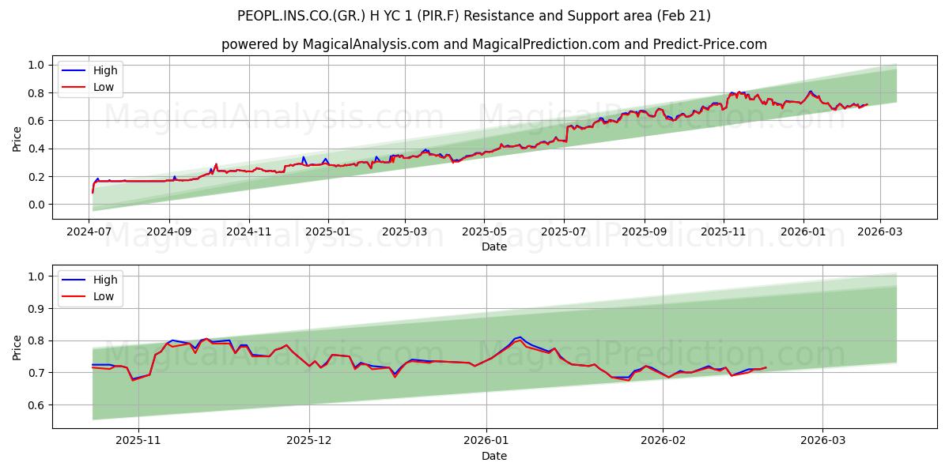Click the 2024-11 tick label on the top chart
point(249,233)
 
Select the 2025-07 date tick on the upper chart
point(564,233)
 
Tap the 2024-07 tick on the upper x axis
point(89,233)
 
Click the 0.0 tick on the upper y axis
point(36,205)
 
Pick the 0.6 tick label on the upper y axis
point(36,121)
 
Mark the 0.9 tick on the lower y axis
point(36,309)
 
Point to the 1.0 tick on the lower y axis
point(36,276)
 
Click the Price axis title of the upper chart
point(17,139)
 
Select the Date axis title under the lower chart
point(494,456)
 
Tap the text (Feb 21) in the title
point(685,16)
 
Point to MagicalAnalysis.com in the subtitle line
point(371,44)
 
